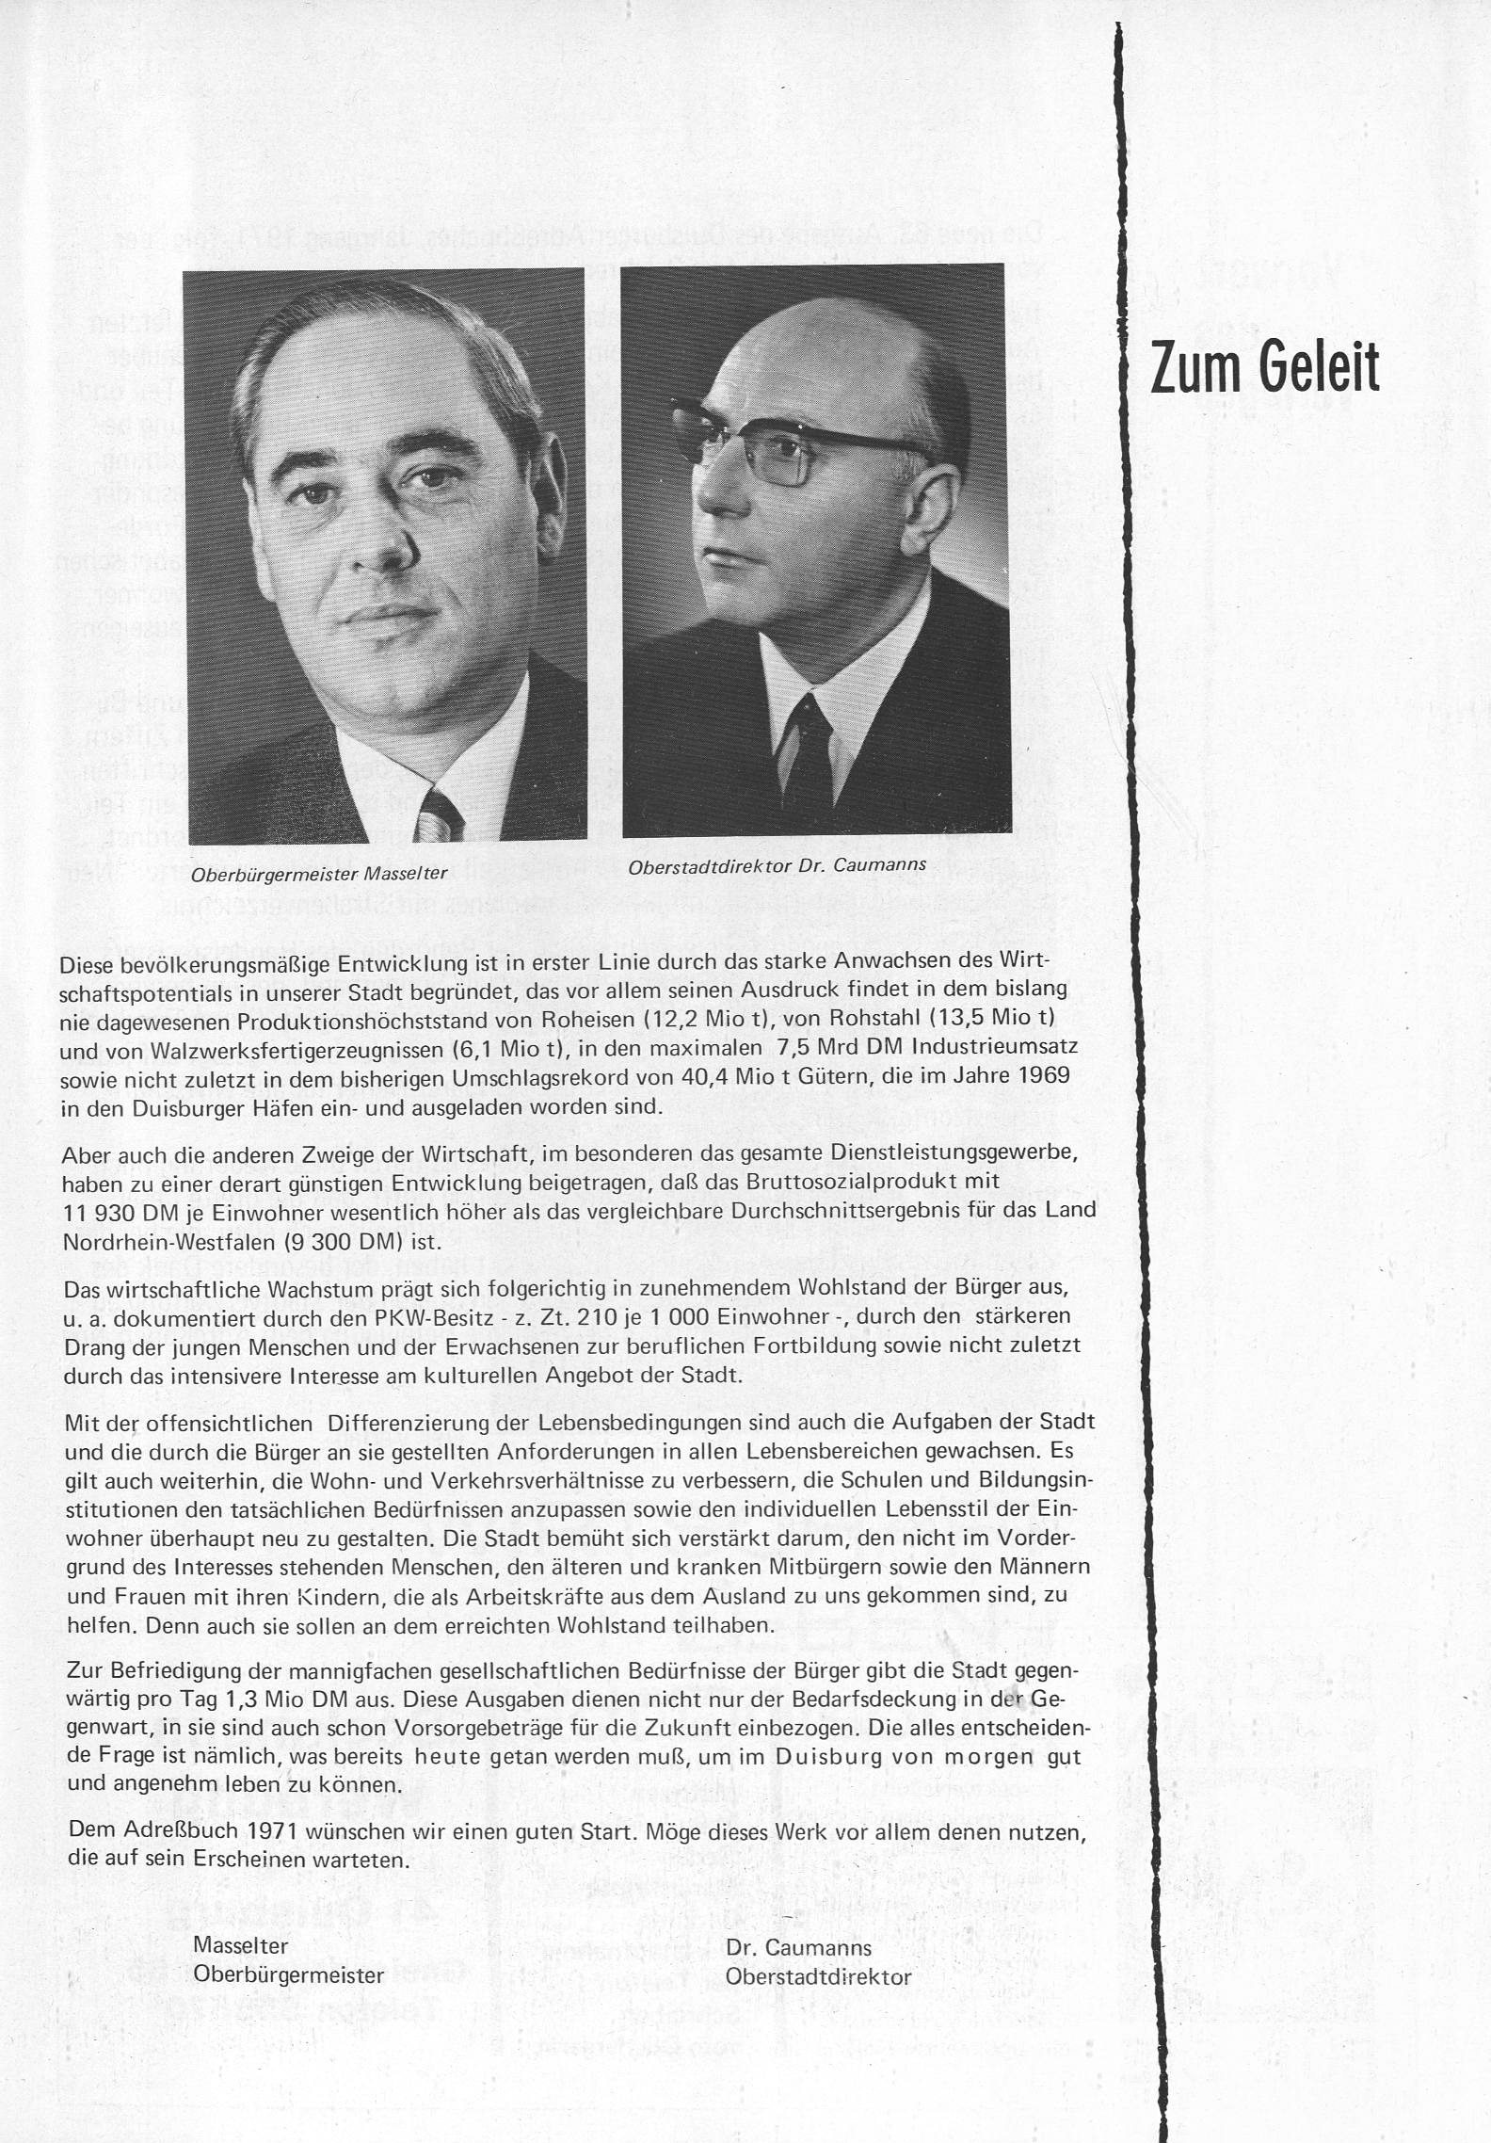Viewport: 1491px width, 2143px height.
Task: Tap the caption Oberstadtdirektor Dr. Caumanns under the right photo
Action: pos(777,864)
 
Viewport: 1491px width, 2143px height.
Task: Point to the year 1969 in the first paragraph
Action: pos(1044,1076)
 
